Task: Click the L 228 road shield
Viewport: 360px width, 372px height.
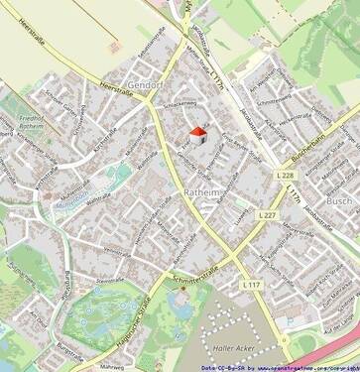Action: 284,176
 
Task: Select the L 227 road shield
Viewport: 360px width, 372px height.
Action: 266,215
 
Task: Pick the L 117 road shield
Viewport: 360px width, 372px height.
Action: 250,285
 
